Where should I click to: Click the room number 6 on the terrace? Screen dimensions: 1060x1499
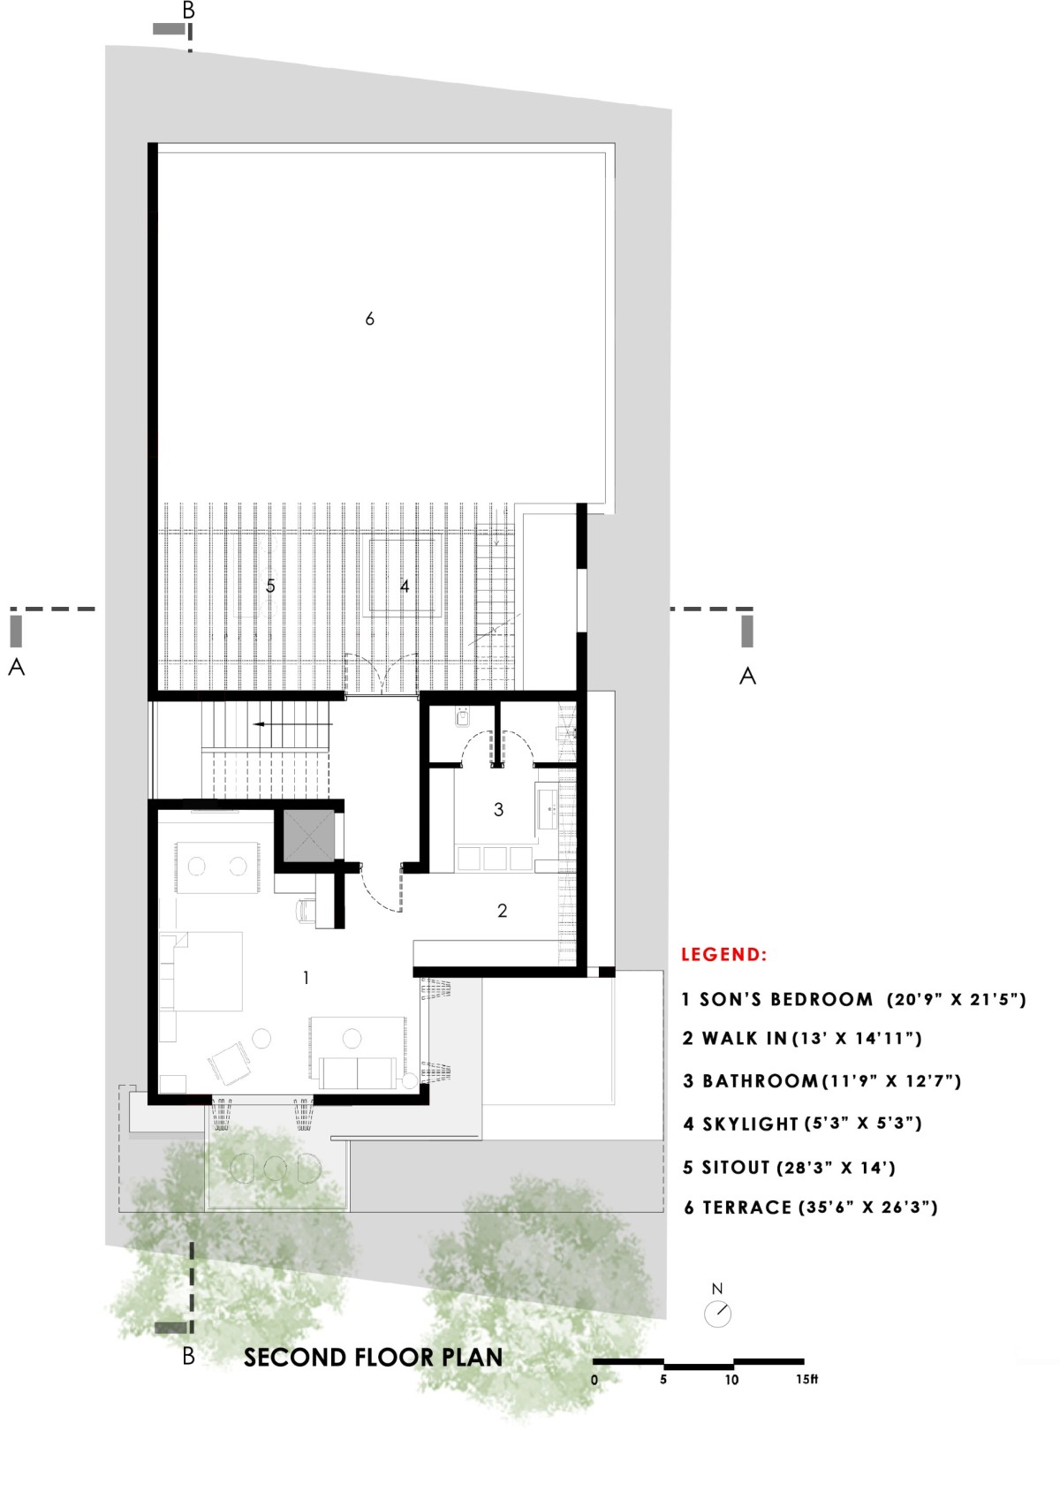(x=369, y=319)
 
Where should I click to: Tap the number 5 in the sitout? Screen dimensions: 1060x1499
(x=270, y=587)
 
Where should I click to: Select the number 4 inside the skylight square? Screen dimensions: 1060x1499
(x=405, y=587)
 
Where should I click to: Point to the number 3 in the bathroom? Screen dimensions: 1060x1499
(x=498, y=810)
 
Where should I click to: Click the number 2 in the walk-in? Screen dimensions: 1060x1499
(x=503, y=910)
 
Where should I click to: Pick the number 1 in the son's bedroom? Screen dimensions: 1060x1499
(x=306, y=979)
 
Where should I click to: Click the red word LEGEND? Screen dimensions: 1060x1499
(x=724, y=954)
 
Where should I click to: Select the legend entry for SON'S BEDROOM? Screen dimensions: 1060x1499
(x=854, y=999)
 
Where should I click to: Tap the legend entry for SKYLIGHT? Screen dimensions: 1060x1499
(x=802, y=1124)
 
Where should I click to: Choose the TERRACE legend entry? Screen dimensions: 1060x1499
(x=810, y=1208)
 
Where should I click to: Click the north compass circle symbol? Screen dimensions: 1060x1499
(x=717, y=1314)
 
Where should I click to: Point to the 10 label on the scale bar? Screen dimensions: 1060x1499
(x=731, y=1380)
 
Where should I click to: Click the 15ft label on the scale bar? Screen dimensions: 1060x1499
(x=807, y=1379)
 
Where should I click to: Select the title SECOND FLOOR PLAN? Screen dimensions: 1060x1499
(x=373, y=1358)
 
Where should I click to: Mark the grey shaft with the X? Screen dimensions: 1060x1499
(x=308, y=837)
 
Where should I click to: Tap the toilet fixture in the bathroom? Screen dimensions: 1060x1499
(x=462, y=718)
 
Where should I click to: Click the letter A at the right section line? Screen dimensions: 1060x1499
(x=747, y=676)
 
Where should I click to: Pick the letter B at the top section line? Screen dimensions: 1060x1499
(x=189, y=10)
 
